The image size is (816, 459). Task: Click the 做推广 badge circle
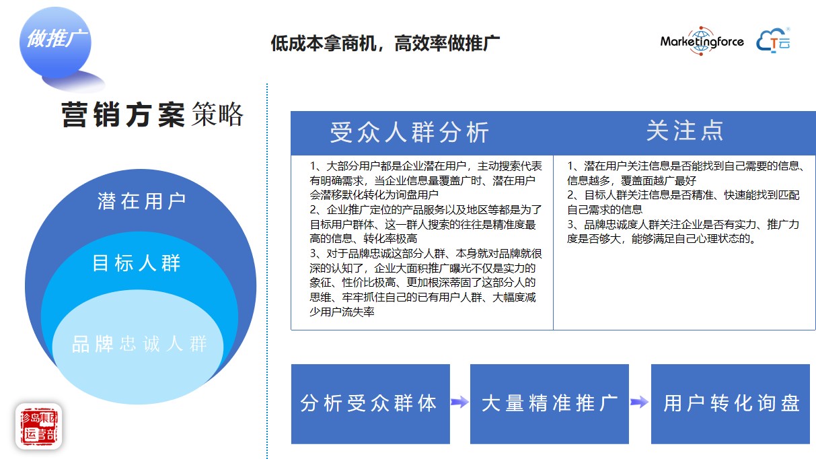tap(54, 40)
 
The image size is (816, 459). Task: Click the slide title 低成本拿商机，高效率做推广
tap(385, 44)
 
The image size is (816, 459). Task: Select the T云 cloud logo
tap(774, 41)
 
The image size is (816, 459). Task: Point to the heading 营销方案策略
tap(152, 115)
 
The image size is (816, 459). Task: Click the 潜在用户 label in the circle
tap(141, 201)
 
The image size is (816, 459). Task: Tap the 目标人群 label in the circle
tap(137, 263)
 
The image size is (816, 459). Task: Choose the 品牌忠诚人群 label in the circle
tap(139, 345)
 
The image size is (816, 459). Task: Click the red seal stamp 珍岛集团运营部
tap(38, 425)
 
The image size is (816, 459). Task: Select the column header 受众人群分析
tap(409, 133)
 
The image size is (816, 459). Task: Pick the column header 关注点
tap(684, 131)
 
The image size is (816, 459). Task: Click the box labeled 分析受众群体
tap(370, 403)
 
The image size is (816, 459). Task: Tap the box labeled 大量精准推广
tap(549, 403)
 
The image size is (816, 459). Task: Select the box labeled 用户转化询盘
tap(731, 403)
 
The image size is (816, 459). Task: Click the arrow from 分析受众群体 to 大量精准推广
tap(460, 402)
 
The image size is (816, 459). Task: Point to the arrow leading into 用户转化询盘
tap(640, 402)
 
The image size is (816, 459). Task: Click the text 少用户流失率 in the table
tap(342, 312)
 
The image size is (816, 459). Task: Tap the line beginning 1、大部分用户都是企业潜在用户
tap(426, 166)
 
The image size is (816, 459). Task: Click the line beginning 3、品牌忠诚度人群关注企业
tap(683, 224)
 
